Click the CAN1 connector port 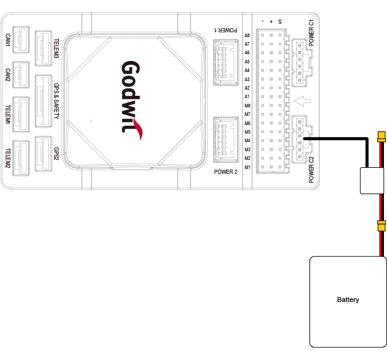(x=21, y=40)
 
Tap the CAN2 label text (x=8, y=75)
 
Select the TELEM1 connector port (x=21, y=114)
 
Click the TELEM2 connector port (x=21, y=158)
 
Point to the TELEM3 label (x=56, y=48)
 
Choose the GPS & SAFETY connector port (x=43, y=101)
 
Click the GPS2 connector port (x=43, y=154)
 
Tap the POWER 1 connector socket (x=226, y=62)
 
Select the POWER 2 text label (x=226, y=171)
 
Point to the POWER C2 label (x=311, y=170)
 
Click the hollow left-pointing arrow (x=302, y=101)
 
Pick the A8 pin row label (x=247, y=35)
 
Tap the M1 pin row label (x=247, y=167)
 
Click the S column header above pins (x=280, y=22)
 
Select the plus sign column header (x=271, y=22)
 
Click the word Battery (x=348, y=300)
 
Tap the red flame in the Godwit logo (x=138, y=129)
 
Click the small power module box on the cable (x=372, y=181)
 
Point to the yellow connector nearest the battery (x=382, y=226)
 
